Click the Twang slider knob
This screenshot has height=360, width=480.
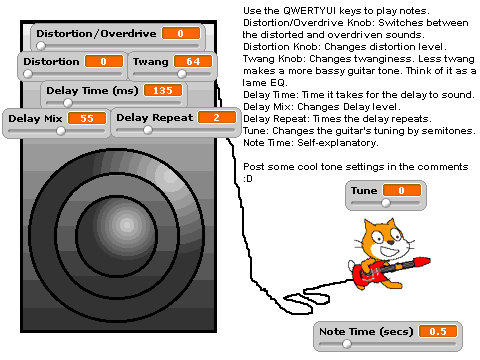point(182,74)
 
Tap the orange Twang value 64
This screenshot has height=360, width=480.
point(193,61)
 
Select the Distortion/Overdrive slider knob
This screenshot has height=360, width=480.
point(41,46)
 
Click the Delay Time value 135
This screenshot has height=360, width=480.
point(163,90)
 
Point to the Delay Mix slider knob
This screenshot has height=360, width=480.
point(61,131)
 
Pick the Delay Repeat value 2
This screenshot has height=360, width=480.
point(217,117)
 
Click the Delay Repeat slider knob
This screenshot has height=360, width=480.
point(148,130)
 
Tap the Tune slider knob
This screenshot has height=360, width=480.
point(386,203)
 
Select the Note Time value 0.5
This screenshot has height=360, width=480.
point(438,331)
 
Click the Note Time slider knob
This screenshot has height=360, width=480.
point(347,344)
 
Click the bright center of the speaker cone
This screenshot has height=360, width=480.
point(127,225)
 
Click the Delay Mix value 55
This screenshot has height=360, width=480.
point(87,118)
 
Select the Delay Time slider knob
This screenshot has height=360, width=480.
point(68,103)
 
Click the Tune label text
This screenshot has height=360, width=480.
point(364,190)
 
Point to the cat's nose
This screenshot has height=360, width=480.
point(390,243)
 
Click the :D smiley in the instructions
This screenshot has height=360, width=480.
point(248,179)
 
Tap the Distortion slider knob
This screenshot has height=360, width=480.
point(28,74)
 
